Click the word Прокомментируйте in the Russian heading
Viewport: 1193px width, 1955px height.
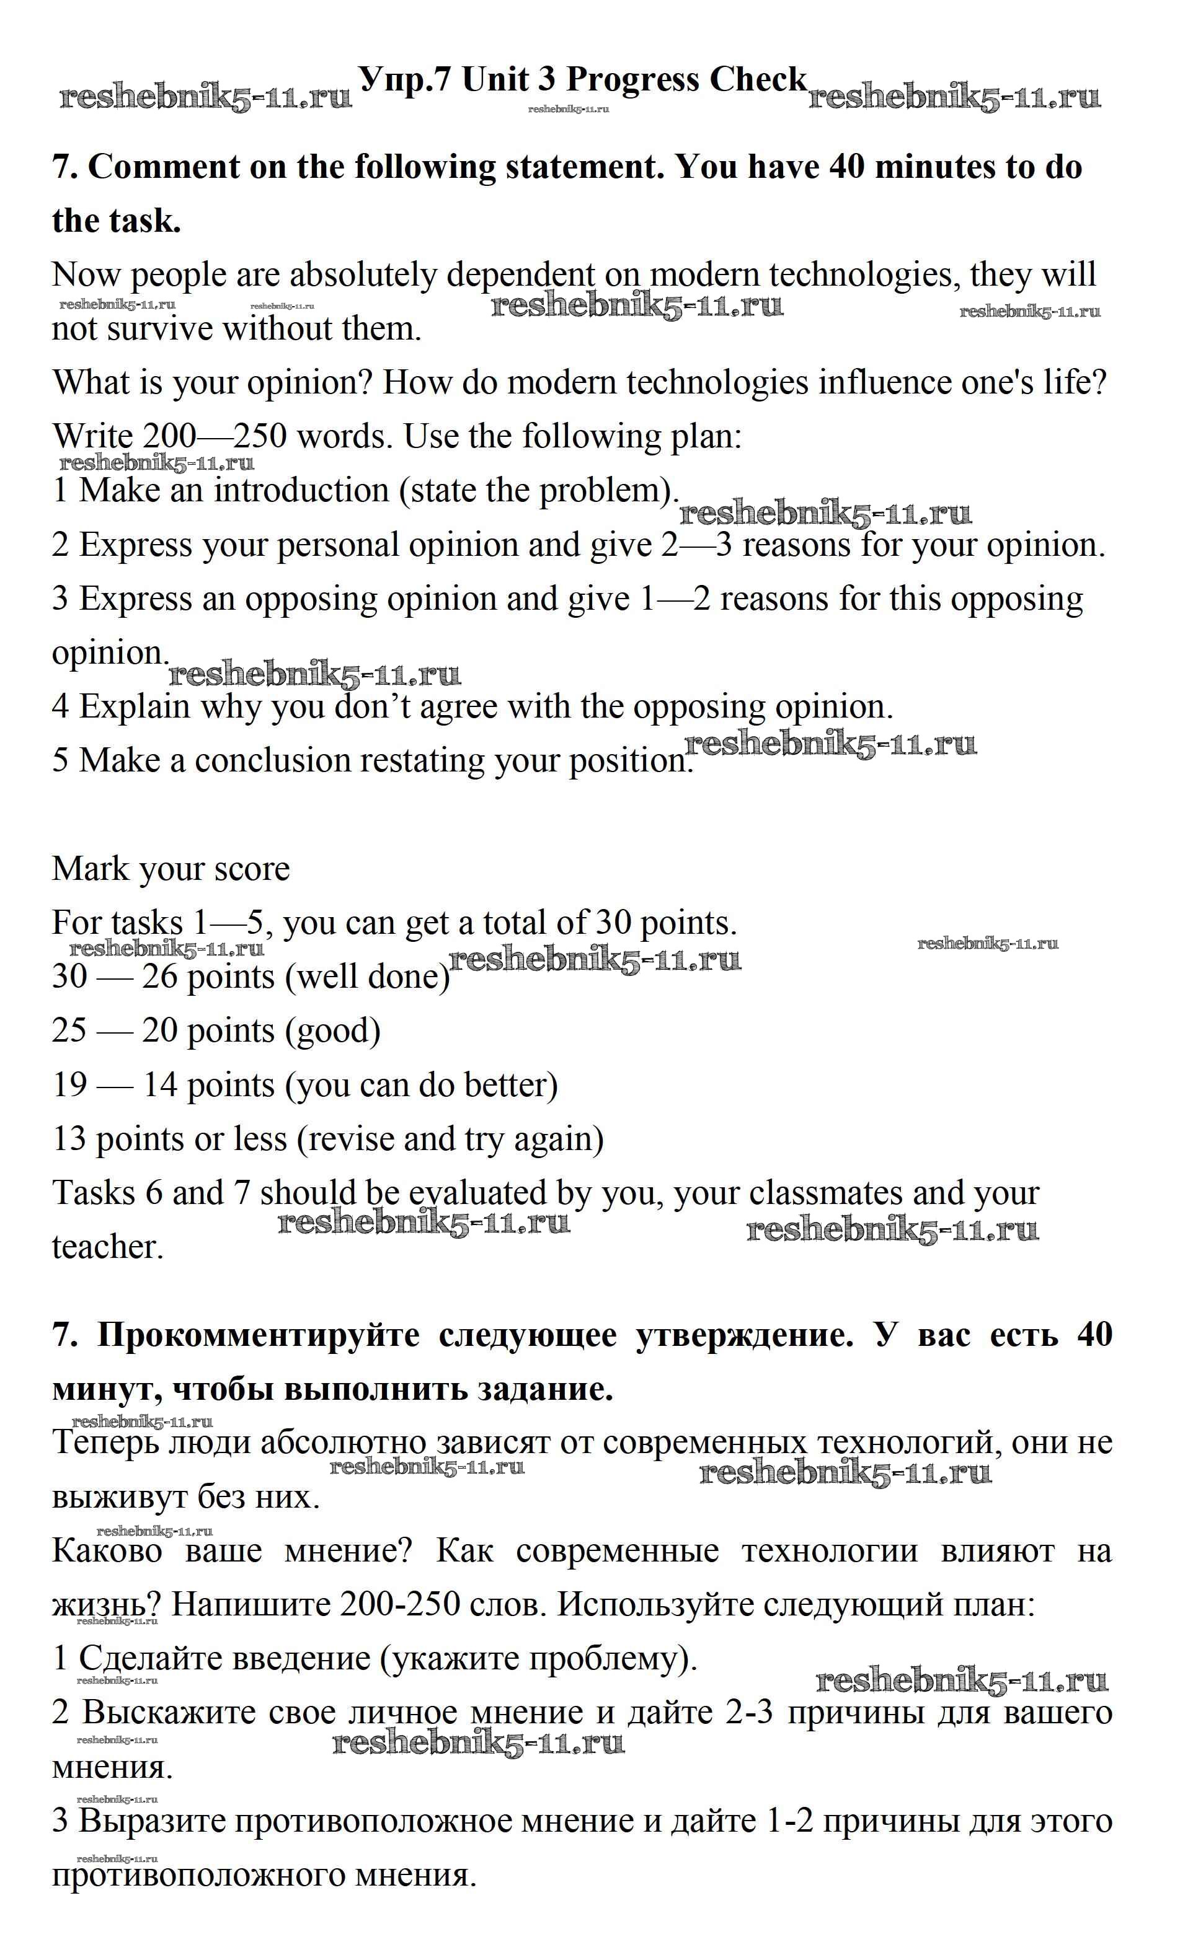(258, 1336)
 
